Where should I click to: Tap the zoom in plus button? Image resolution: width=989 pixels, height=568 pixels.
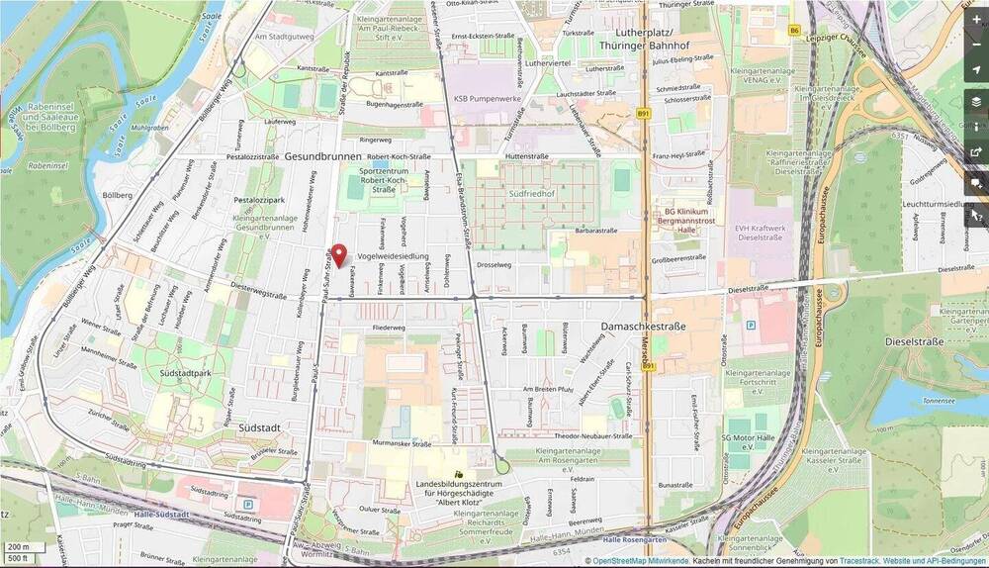(x=976, y=19)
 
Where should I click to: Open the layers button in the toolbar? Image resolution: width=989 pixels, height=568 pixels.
(x=976, y=101)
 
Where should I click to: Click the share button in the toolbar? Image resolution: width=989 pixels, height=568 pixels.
(x=976, y=152)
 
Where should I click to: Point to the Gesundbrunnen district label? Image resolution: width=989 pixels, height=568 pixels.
(x=322, y=156)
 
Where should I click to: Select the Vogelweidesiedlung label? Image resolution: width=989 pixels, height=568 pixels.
(x=394, y=256)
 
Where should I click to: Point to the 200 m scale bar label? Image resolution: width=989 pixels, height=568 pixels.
(x=20, y=546)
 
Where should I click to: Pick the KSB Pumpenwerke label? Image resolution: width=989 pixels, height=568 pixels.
(x=487, y=99)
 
